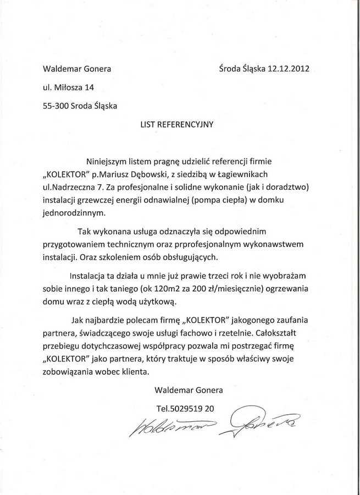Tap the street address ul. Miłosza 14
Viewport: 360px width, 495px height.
pos(64,87)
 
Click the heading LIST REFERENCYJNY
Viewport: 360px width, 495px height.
pos(177,124)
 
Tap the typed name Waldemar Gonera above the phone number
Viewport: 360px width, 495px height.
pos(189,390)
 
